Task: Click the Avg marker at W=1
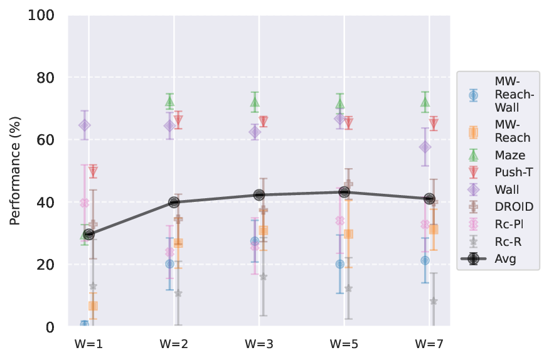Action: (88, 234)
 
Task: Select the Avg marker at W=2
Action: (174, 202)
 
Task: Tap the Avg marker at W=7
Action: (430, 199)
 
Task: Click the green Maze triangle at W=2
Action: (169, 101)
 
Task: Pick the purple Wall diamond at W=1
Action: (85, 125)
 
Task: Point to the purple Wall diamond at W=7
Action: (425, 147)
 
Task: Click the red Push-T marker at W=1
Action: (93, 171)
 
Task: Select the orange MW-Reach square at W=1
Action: (93, 306)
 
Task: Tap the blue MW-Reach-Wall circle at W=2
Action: (169, 264)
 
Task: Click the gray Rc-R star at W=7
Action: (434, 301)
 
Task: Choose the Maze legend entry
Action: (494, 155)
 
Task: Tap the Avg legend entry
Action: (493, 258)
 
